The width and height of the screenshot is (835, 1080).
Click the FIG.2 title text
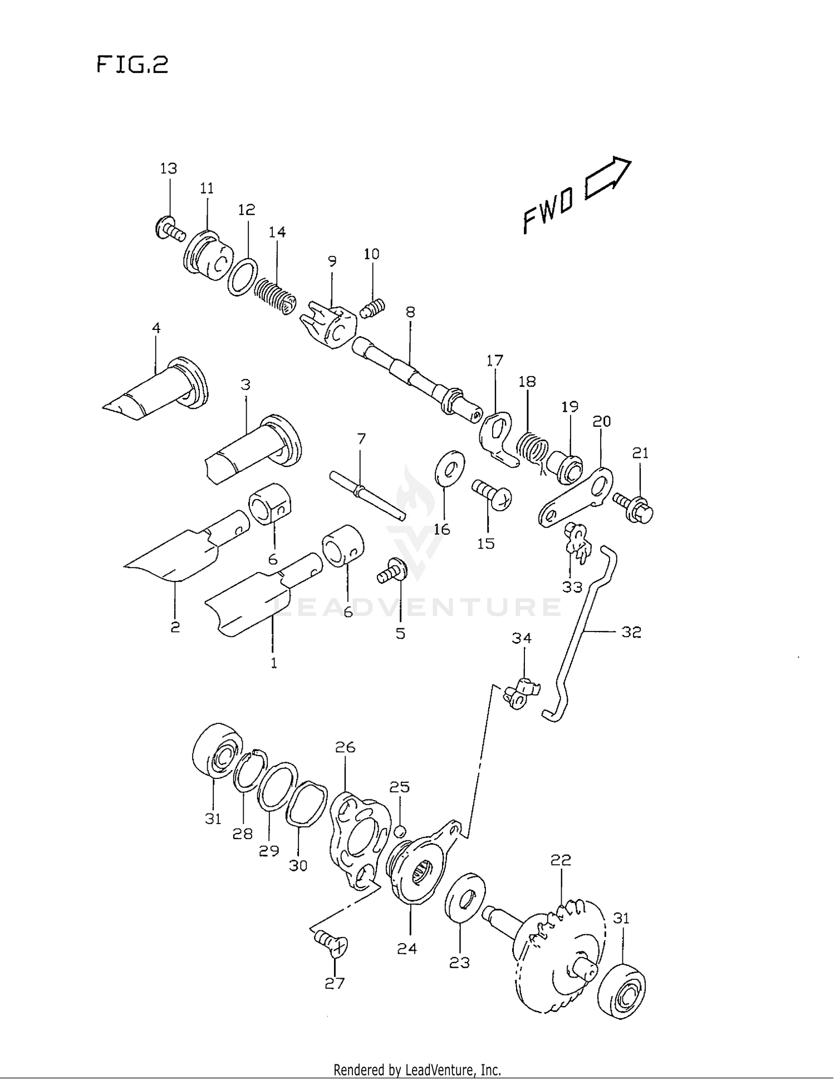[132, 65]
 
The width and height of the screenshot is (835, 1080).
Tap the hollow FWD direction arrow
[607, 179]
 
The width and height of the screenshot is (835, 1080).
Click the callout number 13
[168, 169]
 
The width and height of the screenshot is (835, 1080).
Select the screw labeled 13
[169, 230]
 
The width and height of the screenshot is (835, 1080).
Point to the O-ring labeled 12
[242, 277]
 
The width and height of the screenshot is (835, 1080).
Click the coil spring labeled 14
[275, 295]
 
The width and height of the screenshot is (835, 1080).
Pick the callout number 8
[410, 312]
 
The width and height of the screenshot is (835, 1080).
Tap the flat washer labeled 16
[449, 468]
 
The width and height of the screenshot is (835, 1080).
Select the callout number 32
[631, 632]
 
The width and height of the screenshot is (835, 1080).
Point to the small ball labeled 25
[399, 832]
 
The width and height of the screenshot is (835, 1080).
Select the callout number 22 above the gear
[561, 860]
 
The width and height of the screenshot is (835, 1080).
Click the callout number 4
[156, 328]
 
